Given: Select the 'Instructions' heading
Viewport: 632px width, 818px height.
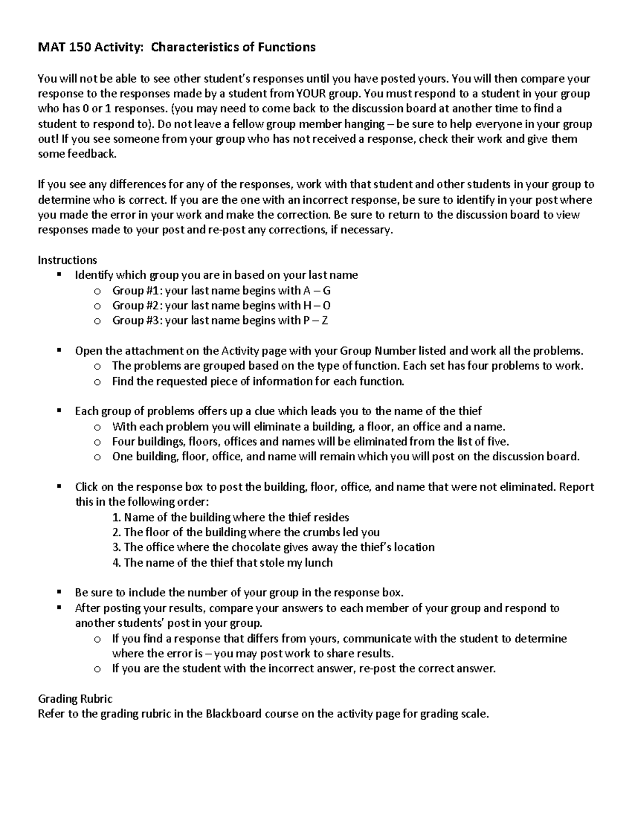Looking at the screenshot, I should [67, 260].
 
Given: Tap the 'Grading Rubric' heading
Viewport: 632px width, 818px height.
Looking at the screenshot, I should [75, 699].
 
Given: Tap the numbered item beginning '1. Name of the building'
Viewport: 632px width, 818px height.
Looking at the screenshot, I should [231, 517].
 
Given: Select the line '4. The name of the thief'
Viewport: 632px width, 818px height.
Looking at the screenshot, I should [222, 563].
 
